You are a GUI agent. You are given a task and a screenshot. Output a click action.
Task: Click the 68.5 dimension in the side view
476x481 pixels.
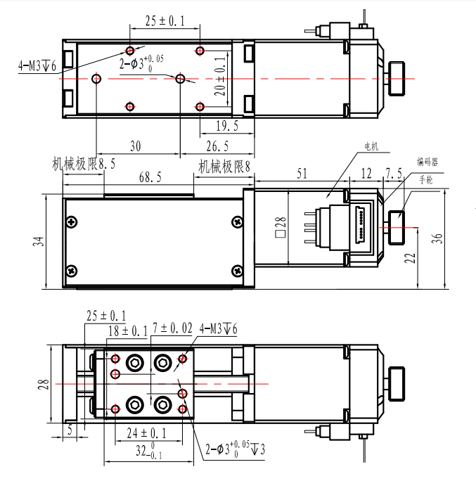tap(150, 177)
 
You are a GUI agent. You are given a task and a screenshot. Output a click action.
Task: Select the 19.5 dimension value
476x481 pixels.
tap(227, 126)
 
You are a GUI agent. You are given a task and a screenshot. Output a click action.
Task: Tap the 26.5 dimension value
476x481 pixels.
tap(217, 146)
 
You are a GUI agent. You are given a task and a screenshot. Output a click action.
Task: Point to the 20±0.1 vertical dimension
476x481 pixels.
tap(220, 77)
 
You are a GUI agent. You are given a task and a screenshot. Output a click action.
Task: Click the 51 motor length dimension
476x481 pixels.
tap(302, 174)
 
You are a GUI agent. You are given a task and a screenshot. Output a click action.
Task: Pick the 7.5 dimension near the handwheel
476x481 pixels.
tap(394, 173)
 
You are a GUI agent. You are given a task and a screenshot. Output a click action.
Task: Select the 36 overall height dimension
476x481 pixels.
tap(437, 238)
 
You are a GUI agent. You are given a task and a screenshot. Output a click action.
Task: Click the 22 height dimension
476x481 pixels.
tap(410, 258)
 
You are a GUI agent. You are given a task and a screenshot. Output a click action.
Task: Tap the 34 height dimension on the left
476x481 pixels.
tap(39, 241)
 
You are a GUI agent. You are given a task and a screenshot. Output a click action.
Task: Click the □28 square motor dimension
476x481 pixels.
tap(281, 227)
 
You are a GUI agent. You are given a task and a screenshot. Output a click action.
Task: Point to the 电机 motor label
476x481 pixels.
tap(371, 146)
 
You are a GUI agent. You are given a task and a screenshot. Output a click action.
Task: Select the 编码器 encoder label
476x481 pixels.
tap(427, 162)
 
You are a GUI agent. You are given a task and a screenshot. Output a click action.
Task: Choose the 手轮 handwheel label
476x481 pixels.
tap(426, 179)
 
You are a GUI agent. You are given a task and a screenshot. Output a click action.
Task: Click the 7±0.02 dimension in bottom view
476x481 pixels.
tap(172, 328)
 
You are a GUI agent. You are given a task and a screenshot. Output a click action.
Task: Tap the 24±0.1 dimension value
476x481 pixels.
tap(147, 433)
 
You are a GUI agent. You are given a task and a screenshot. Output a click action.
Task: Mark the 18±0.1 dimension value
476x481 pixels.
tap(128, 331)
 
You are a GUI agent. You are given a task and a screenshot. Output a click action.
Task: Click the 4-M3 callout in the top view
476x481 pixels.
tap(37, 65)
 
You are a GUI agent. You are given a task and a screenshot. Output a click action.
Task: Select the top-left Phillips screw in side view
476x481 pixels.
tap(72, 222)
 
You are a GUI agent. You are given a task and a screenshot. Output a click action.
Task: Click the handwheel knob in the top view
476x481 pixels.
tap(397, 79)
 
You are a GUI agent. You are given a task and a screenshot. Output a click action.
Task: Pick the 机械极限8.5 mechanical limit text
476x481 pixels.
tap(84, 164)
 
